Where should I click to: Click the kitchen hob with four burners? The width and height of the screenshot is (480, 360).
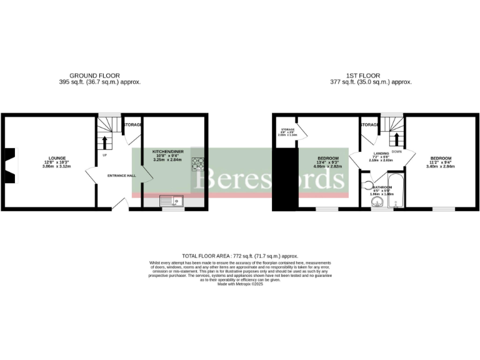pos(198,163)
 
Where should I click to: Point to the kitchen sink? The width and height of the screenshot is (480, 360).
pos(169,201)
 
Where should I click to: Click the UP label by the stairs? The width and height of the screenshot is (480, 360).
pos(104,155)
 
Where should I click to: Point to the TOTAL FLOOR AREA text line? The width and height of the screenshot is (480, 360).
pos(240,256)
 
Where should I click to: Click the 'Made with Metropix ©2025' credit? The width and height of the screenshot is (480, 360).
pos(240,284)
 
